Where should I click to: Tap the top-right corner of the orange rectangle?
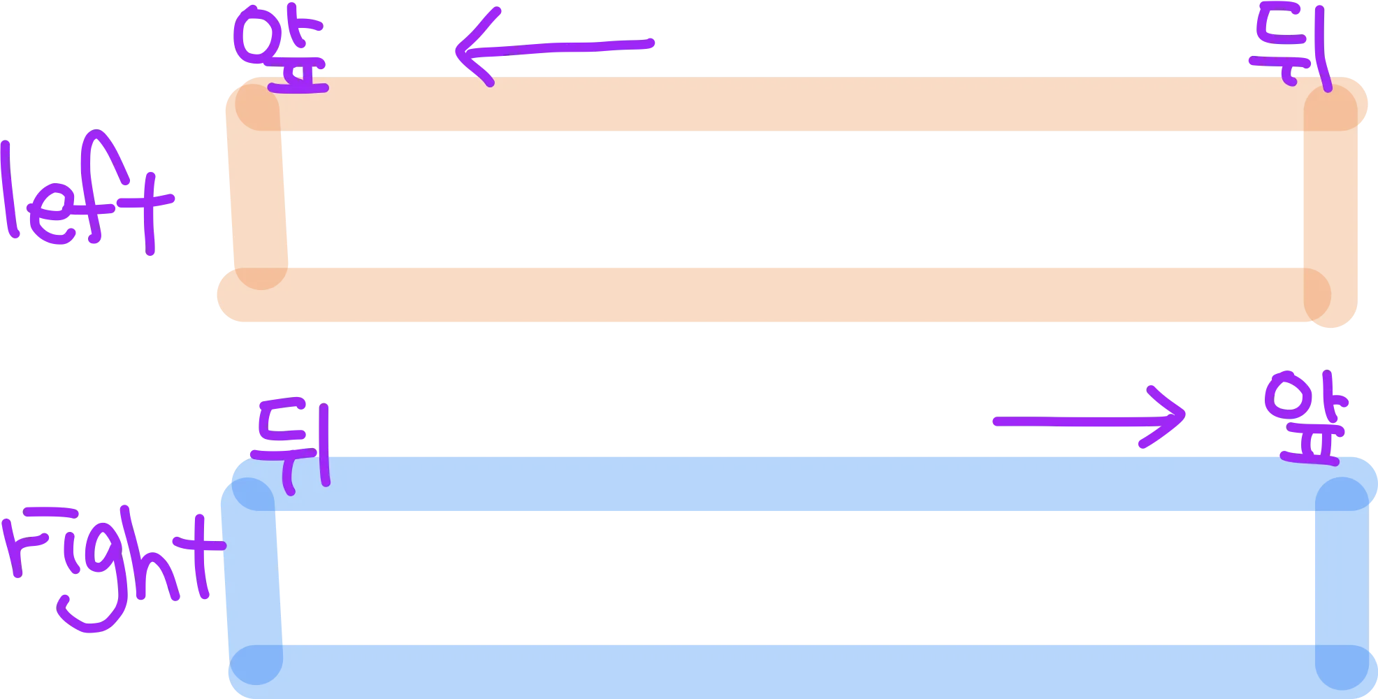[1330, 108]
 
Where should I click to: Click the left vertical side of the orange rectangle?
[259, 199]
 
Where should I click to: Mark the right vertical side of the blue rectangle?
[1340, 577]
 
